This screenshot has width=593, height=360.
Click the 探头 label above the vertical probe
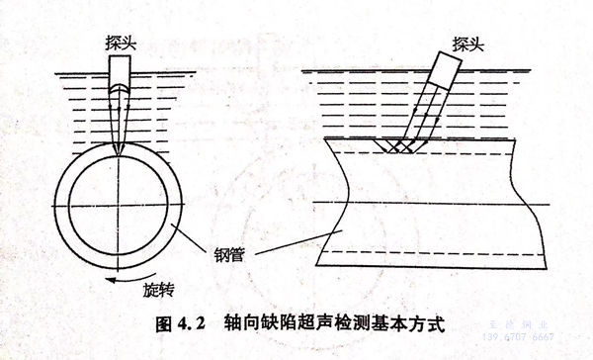tap(120, 44)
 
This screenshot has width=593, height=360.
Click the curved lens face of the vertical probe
tap(119, 91)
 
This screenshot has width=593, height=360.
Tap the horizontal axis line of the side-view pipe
tap(435, 204)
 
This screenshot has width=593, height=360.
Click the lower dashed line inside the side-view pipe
tap(435, 254)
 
